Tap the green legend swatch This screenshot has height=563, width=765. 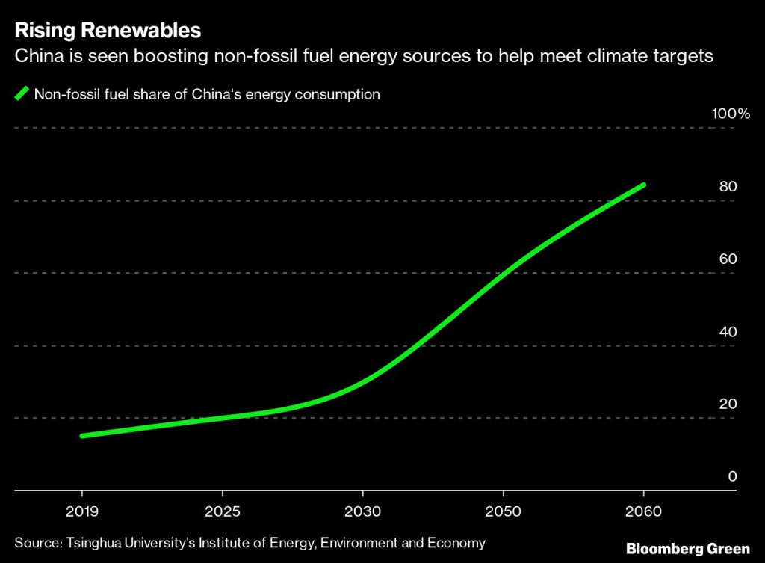coord(22,95)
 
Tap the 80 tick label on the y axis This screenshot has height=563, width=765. coord(728,186)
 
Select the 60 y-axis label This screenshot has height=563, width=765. coord(728,259)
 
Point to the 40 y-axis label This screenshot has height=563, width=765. coord(728,331)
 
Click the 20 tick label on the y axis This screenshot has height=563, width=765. coord(728,404)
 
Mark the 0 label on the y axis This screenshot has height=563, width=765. coord(733,476)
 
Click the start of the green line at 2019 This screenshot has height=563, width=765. coord(82,436)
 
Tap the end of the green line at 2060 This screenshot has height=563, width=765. coord(642,185)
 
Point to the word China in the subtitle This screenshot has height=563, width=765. coord(36,56)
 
